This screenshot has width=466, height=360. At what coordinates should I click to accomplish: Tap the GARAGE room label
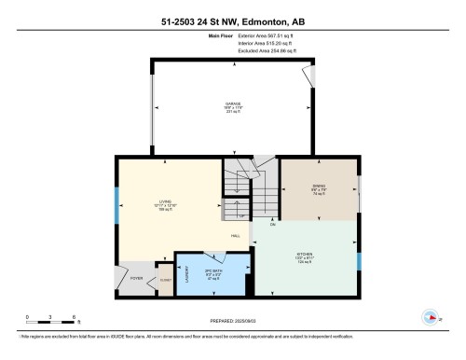tap(232, 104)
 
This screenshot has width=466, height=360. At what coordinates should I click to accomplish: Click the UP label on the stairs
tap(241, 215)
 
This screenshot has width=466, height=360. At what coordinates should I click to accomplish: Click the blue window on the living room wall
tap(116, 205)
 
